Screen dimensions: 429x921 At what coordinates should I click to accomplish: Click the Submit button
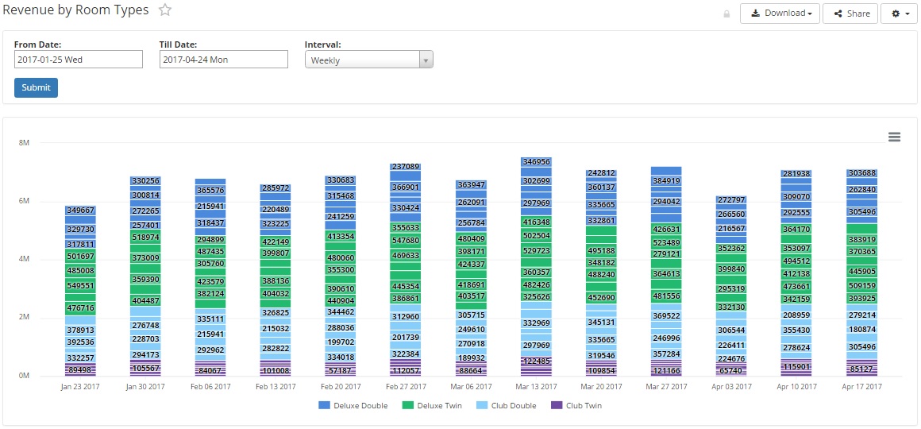(x=36, y=87)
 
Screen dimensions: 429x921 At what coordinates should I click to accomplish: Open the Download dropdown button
(x=780, y=14)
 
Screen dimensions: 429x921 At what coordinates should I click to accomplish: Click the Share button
(x=850, y=14)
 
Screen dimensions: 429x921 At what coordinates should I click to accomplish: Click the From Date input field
(x=79, y=60)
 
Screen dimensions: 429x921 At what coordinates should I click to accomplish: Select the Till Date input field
(x=224, y=60)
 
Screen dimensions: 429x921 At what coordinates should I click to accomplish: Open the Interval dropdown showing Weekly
(x=369, y=60)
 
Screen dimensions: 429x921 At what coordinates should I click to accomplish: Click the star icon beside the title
(x=165, y=10)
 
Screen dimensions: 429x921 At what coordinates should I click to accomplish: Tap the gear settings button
(x=900, y=14)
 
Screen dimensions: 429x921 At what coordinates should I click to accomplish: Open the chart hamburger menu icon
(x=894, y=137)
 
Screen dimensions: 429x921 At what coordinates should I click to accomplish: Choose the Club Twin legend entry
(x=578, y=406)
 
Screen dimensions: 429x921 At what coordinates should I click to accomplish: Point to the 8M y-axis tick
(x=24, y=143)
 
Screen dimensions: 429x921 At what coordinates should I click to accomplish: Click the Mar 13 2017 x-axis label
(x=536, y=387)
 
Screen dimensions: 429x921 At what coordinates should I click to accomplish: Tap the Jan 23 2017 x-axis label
(x=81, y=387)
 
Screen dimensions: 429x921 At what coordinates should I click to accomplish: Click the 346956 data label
(x=536, y=162)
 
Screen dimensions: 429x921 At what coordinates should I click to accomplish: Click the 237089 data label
(x=406, y=167)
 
